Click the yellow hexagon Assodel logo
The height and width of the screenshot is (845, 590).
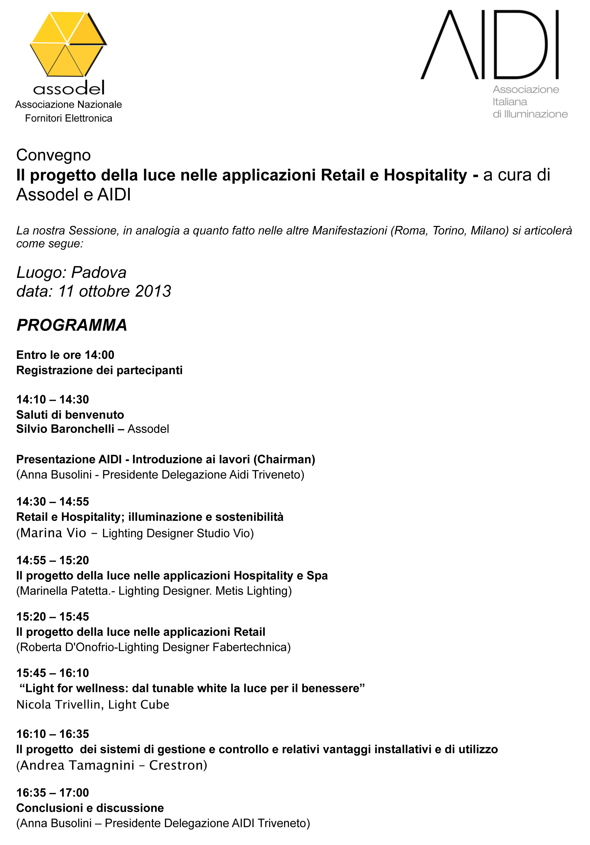(x=68, y=44)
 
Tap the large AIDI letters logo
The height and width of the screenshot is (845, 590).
(x=490, y=45)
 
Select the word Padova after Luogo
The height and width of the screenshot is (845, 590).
(x=98, y=272)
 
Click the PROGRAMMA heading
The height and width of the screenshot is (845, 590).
(x=72, y=325)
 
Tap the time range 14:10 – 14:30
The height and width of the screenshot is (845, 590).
(x=53, y=399)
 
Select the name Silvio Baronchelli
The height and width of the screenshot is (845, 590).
(x=65, y=429)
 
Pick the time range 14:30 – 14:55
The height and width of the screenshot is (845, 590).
(x=53, y=501)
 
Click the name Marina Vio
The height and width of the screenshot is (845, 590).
(x=53, y=533)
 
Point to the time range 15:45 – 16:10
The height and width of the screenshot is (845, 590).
(x=53, y=673)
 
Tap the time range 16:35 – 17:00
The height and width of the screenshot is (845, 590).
(x=53, y=792)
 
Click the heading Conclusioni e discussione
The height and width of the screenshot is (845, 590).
(x=90, y=808)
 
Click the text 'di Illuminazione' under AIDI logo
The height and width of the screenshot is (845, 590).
(x=530, y=114)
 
